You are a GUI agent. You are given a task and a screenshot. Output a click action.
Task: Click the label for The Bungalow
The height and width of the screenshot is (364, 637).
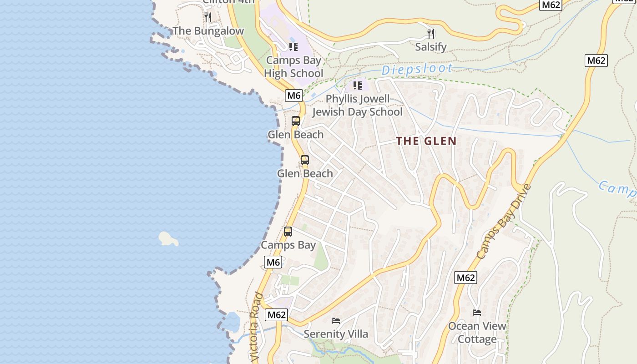208,31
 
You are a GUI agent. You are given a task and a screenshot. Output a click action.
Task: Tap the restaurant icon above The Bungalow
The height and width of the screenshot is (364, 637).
208,17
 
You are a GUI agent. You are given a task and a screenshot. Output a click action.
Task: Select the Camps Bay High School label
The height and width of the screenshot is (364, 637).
293,67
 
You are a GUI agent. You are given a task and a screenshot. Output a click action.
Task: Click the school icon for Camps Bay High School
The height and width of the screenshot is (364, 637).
293,46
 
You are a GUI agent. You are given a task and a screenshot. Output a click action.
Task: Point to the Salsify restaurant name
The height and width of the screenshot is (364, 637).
430,47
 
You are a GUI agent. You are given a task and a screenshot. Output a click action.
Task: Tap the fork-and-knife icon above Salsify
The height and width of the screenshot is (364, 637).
430,33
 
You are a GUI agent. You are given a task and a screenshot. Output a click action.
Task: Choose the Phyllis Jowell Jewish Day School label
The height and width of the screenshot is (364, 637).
358,106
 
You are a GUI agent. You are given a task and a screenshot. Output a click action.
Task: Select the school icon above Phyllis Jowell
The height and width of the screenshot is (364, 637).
358,85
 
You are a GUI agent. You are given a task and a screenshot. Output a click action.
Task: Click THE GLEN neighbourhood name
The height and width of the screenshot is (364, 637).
426,141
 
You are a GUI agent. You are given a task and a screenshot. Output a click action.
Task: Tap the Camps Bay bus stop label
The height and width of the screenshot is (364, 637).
288,245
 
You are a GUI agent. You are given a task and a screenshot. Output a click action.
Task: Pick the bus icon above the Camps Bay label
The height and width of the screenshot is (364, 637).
288,232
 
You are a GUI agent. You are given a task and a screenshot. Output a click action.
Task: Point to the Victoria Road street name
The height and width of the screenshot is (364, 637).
256,328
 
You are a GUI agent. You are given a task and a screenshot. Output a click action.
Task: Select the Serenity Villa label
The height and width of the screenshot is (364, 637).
336,334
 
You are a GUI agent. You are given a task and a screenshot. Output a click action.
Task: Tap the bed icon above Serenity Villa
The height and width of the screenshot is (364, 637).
336,321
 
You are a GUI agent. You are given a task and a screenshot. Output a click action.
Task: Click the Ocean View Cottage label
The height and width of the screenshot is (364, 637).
477,333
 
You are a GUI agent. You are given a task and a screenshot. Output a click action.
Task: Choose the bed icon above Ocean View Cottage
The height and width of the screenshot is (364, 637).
477,313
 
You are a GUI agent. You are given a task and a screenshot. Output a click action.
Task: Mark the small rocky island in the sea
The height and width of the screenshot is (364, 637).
168,238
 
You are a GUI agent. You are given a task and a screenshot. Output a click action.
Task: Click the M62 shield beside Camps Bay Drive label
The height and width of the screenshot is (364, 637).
466,278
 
